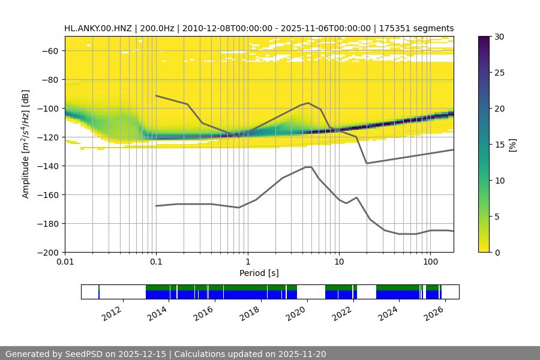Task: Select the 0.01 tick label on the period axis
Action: coord(65,262)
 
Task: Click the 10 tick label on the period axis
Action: coord(339,262)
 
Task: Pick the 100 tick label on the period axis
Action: coord(430,262)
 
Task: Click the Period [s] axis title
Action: coord(259,273)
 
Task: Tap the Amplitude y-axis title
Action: coord(26,144)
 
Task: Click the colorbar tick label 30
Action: coord(499,37)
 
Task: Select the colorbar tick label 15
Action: coord(499,145)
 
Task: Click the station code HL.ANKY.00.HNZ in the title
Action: coord(100,28)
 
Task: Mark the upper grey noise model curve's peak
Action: coord(308,103)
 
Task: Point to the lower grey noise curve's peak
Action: coord(308,167)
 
